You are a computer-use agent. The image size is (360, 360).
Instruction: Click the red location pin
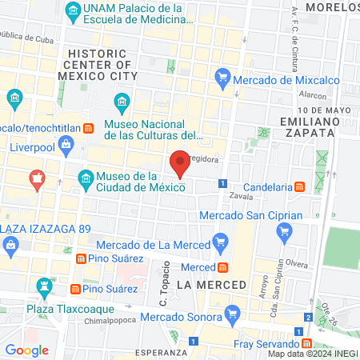(180, 164)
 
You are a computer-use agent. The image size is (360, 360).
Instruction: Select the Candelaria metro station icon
(299, 186)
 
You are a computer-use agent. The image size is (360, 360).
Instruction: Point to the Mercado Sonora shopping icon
(233, 312)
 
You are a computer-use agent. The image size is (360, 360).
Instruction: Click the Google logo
(27, 350)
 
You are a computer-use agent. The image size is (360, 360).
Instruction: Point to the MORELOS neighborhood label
(330, 7)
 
